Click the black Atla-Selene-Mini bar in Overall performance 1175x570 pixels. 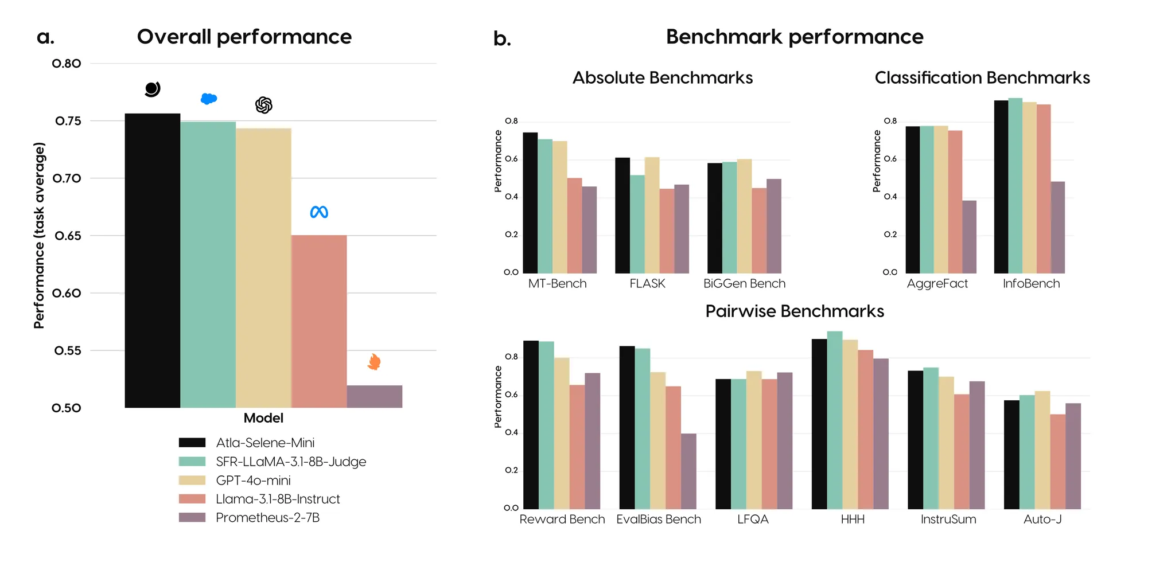(x=153, y=260)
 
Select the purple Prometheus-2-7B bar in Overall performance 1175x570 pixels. (x=374, y=396)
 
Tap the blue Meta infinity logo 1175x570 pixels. (x=319, y=212)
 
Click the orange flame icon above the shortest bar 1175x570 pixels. (x=374, y=362)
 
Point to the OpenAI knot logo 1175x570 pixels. (x=263, y=105)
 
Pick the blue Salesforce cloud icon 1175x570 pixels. (x=208, y=99)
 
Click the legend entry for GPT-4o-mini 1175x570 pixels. (x=253, y=481)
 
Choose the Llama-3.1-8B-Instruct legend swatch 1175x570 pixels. (x=192, y=499)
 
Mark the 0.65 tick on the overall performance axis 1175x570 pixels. (x=68, y=236)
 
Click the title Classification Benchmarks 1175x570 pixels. (x=982, y=78)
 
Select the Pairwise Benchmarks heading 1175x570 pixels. (x=794, y=311)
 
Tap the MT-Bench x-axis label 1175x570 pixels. (x=557, y=284)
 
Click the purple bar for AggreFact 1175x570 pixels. (x=969, y=237)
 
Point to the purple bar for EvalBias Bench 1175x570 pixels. (x=688, y=471)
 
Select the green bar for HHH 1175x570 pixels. (x=834, y=420)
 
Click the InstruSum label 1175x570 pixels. (x=948, y=520)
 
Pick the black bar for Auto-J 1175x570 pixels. (x=1011, y=455)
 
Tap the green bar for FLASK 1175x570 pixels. (x=637, y=224)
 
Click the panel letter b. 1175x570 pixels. (x=502, y=39)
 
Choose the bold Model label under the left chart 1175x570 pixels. (x=263, y=418)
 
